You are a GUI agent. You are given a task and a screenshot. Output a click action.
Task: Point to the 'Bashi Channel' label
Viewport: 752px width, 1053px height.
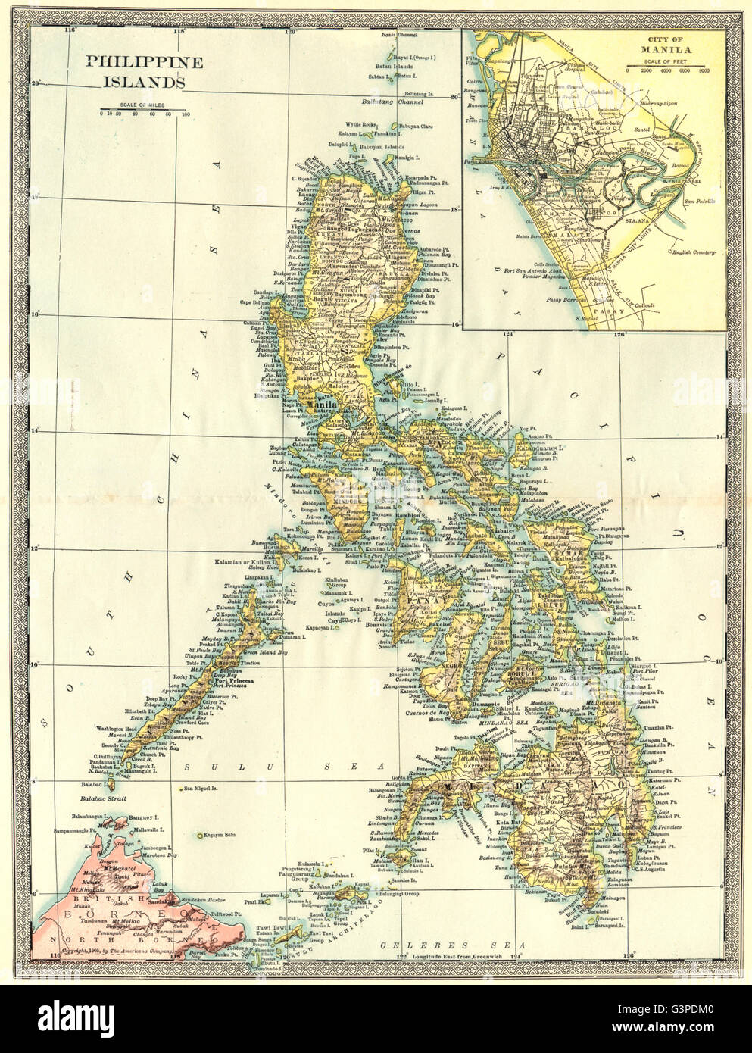(400, 36)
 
